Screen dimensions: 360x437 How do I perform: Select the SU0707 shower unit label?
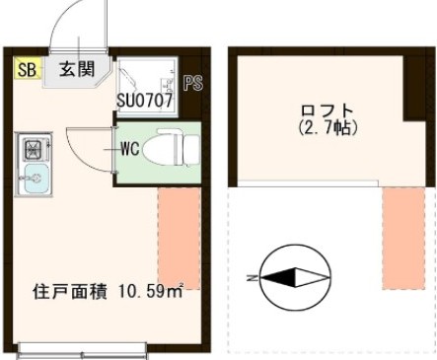[x=144, y=100]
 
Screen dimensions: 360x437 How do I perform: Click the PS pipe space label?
[x=192, y=83]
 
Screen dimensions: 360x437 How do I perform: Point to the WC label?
[x=129, y=150]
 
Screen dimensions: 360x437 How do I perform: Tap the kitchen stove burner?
[x=33, y=150]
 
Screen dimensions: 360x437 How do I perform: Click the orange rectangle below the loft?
[x=403, y=237]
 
